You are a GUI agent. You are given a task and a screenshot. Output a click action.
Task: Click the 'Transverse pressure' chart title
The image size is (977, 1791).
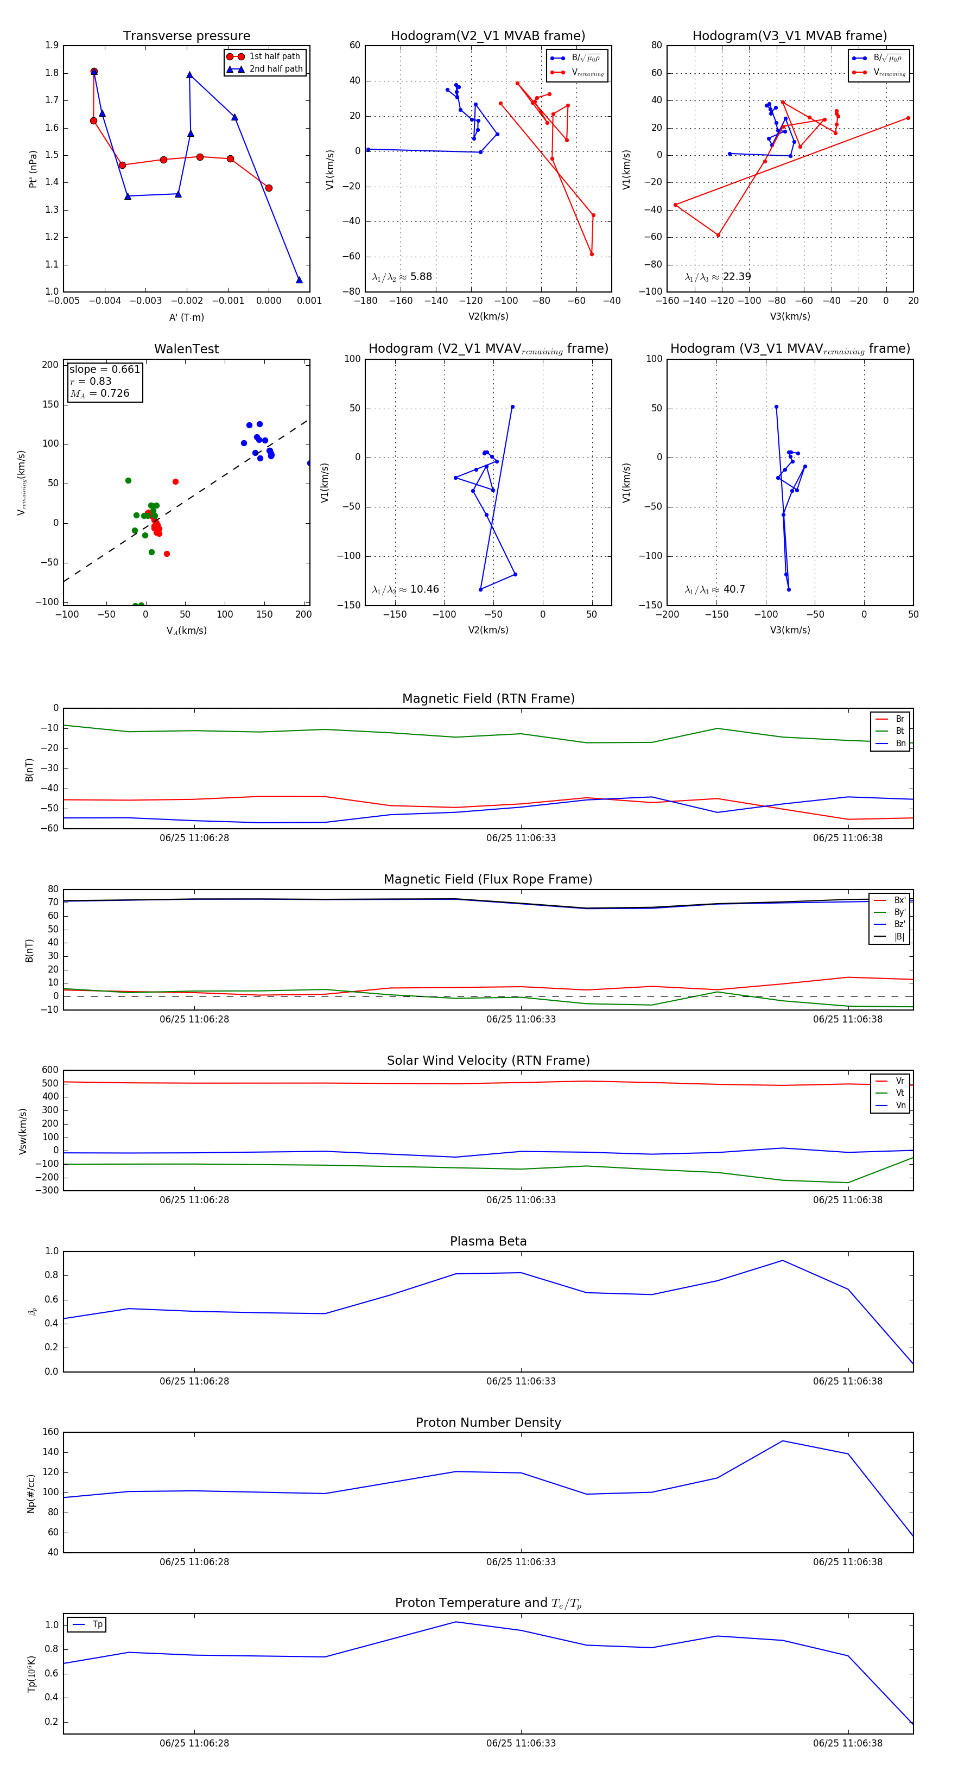tap(186, 36)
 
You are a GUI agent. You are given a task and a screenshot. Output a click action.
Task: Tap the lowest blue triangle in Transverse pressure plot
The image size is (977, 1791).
tap(299, 280)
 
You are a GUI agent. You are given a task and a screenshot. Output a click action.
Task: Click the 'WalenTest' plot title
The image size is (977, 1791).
tap(186, 349)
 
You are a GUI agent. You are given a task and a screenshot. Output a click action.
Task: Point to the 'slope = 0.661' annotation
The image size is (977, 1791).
tap(104, 369)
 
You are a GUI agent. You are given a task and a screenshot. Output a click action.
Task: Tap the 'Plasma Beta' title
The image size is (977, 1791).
tap(488, 1241)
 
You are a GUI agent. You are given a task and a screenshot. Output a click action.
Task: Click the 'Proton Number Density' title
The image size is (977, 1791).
tap(488, 1422)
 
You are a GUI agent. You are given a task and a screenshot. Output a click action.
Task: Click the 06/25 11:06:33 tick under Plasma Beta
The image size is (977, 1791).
tap(521, 1381)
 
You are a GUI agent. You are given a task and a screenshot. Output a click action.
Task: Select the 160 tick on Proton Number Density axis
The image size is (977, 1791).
tap(51, 1432)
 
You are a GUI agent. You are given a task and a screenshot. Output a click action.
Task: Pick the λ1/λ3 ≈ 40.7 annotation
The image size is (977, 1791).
tap(715, 589)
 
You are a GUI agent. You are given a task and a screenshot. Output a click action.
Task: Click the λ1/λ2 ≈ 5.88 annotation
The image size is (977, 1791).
tap(402, 277)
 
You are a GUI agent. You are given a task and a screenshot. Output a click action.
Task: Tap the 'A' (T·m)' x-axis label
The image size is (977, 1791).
tap(186, 317)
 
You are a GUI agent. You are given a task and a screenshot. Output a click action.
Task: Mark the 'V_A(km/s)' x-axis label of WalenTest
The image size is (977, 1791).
tap(186, 631)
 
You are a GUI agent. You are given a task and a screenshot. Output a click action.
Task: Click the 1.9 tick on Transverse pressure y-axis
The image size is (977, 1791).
tap(52, 45)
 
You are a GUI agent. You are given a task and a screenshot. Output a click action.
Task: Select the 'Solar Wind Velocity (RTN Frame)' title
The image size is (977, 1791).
tap(488, 1060)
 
